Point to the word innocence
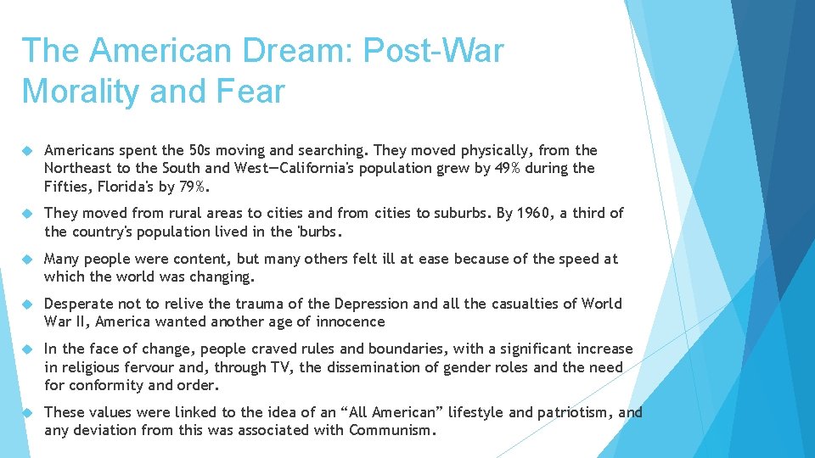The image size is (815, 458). click(x=351, y=321)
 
